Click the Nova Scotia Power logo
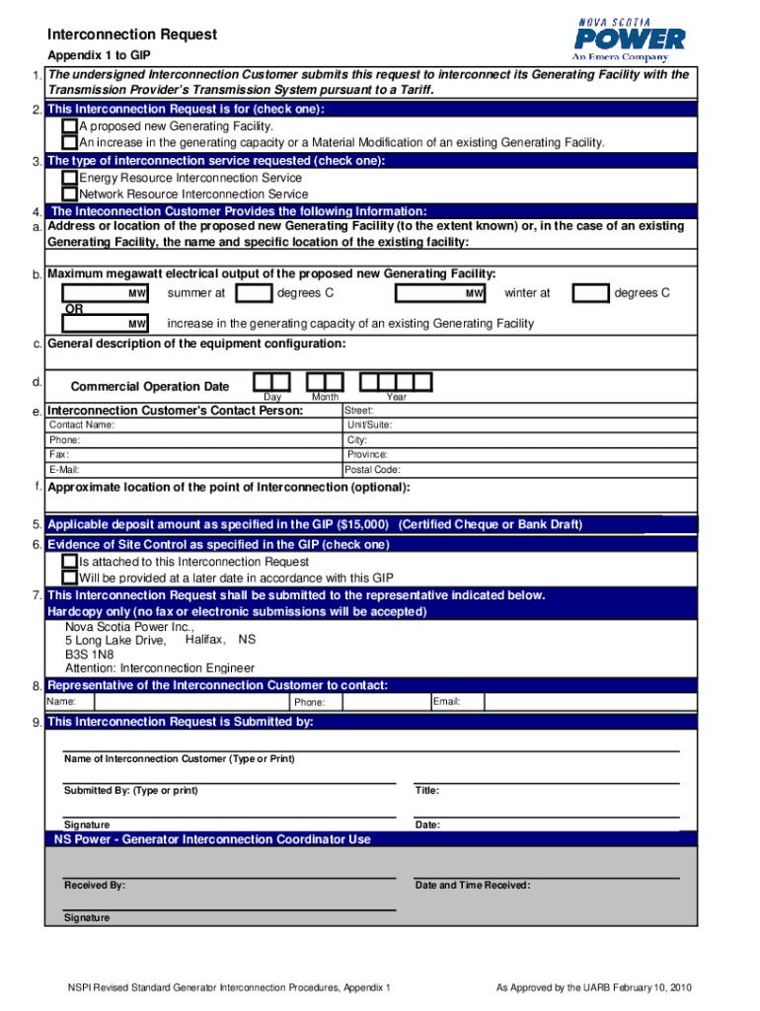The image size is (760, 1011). [x=630, y=39]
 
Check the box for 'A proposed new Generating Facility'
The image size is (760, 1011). [x=69, y=126]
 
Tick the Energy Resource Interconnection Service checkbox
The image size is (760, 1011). [x=69, y=178]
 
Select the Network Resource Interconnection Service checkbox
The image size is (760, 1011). [x=69, y=194]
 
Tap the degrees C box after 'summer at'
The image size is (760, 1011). [x=256, y=293]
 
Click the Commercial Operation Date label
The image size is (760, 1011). [x=150, y=387]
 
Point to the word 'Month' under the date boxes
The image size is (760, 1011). [x=325, y=397]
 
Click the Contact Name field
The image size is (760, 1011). [x=192, y=425]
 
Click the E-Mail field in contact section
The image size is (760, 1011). [x=192, y=470]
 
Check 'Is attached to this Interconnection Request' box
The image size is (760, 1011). [x=69, y=562]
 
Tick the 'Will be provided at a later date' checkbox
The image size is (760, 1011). [x=69, y=578]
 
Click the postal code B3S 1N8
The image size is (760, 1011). [x=89, y=654]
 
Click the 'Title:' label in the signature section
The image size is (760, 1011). [x=427, y=791]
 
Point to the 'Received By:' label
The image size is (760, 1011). [x=95, y=886]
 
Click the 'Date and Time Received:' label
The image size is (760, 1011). [x=473, y=886]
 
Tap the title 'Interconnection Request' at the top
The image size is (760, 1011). [x=132, y=35]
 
